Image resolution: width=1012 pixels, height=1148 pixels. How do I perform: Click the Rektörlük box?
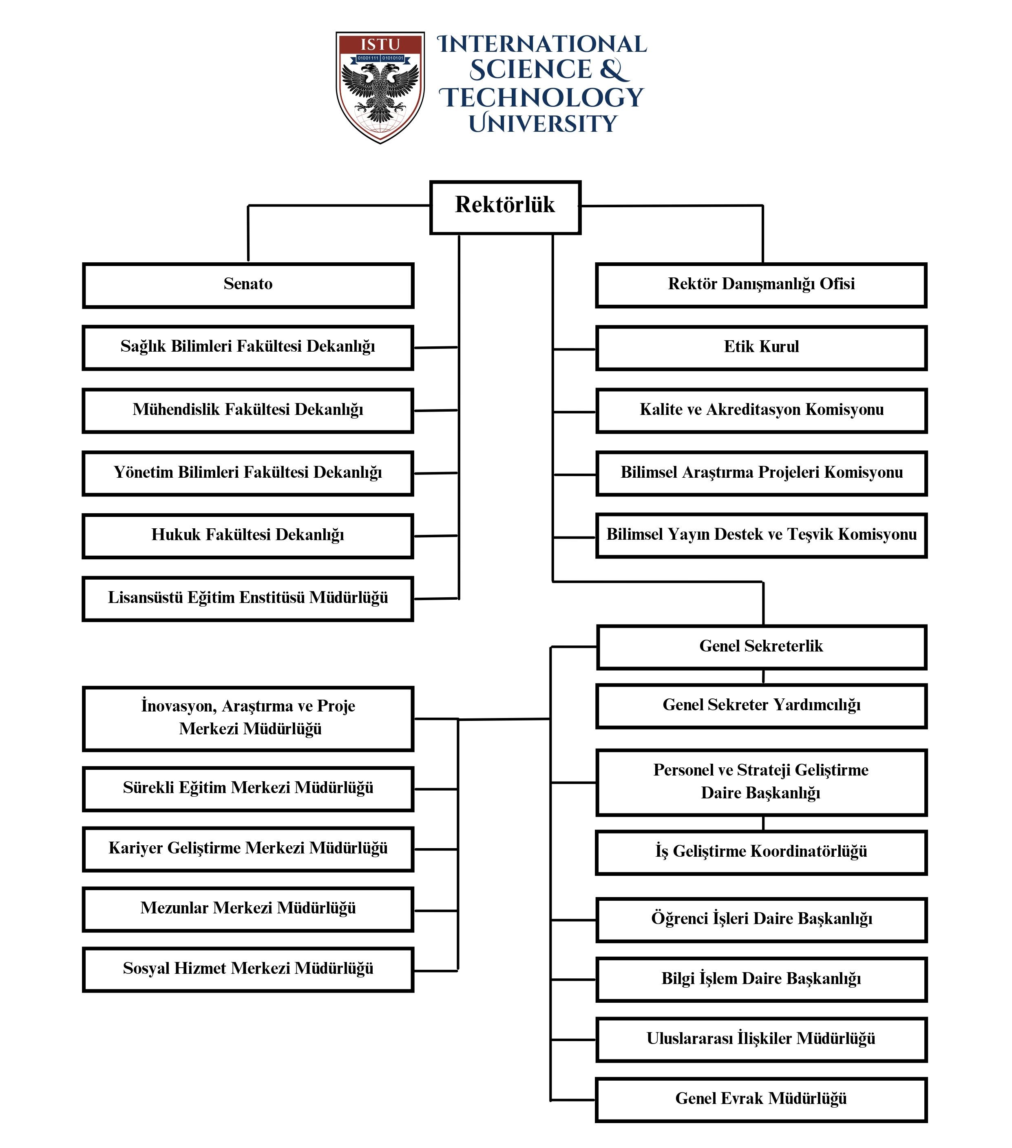[x=505, y=207]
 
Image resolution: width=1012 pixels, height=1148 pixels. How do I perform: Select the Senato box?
[x=248, y=285]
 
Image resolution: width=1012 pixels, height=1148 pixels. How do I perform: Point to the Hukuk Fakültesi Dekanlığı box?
[x=248, y=536]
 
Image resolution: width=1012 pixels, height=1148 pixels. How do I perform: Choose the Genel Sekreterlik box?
[x=761, y=647]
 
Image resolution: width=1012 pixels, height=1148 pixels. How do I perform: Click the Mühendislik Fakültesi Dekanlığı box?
[x=248, y=410]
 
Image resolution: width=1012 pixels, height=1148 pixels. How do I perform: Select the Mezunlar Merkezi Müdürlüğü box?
[x=248, y=909]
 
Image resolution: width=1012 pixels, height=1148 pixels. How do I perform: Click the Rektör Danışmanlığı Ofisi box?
[x=761, y=285]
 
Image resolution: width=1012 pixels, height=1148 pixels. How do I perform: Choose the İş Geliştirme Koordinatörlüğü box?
[x=761, y=853]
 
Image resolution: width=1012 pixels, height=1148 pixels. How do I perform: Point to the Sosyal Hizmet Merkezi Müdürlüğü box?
[x=248, y=970]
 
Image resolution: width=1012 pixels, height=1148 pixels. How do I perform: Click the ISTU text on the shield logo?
[x=380, y=44]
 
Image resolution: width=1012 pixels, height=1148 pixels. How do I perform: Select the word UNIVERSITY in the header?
[x=543, y=123]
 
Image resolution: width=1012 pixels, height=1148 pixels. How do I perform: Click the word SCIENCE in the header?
[x=531, y=70]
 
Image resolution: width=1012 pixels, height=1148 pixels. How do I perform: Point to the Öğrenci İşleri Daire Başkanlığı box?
[x=761, y=920]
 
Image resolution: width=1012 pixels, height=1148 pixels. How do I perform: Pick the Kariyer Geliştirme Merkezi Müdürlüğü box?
[x=248, y=849]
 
